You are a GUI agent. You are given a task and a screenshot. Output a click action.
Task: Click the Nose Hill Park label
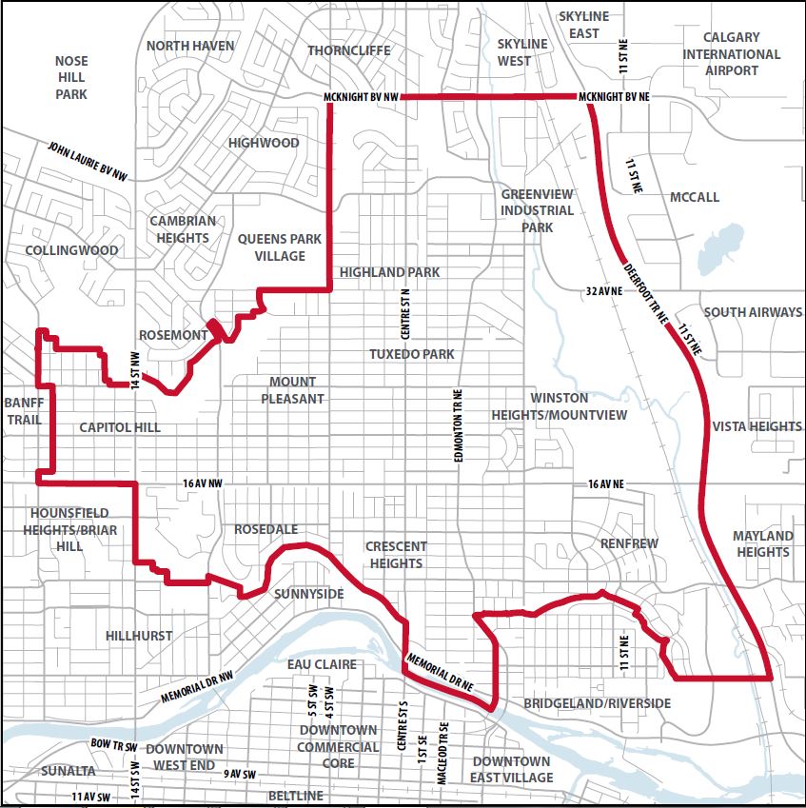[x=71, y=77]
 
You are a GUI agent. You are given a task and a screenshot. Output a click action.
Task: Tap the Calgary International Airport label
[x=732, y=54]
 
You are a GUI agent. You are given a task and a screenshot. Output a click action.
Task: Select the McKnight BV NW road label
[x=361, y=98]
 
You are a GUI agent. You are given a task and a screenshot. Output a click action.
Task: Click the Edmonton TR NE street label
[x=458, y=425]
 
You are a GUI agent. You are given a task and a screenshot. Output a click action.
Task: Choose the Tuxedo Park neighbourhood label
[x=412, y=354]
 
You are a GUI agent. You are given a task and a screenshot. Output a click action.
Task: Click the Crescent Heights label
[x=396, y=554]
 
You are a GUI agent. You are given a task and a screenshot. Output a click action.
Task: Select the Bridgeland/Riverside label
[x=597, y=703]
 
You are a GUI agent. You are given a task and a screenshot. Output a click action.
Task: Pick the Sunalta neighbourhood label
[x=69, y=770]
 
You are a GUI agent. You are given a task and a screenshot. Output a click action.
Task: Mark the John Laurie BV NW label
[x=87, y=161]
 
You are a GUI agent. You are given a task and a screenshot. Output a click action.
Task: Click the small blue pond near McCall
[x=722, y=250]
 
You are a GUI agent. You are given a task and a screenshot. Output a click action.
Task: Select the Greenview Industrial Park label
[x=537, y=210]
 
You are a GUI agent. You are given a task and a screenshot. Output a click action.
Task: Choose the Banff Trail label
[x=25, y=409]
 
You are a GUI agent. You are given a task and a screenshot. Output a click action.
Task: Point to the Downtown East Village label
[x=513, y=769]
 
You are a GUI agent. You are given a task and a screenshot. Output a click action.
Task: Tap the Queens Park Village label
[x=280, y=247]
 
